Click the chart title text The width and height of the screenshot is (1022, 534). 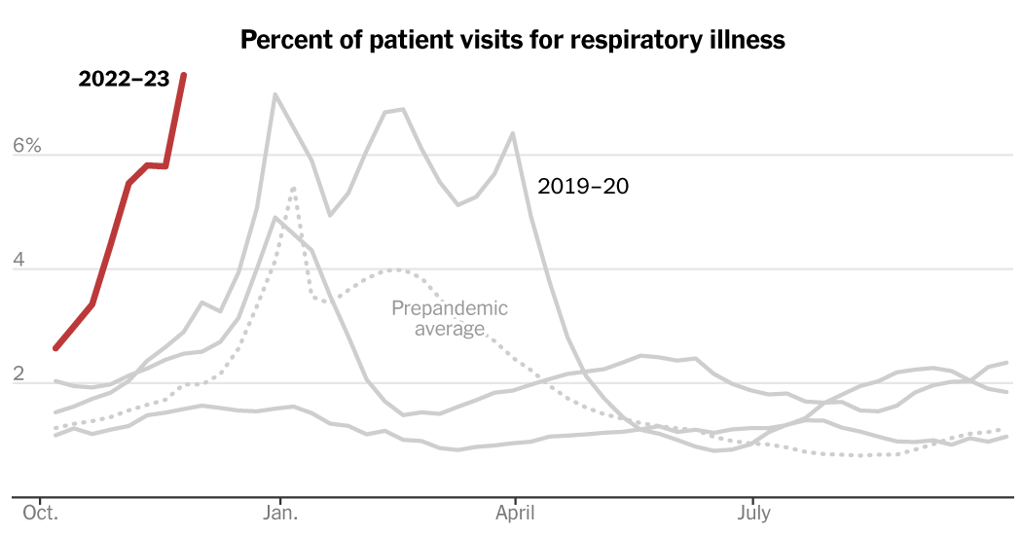(x=512, y=41)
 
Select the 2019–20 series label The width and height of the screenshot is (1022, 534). (x=583, y=186)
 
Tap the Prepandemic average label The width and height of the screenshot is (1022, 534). (x=450, y=318)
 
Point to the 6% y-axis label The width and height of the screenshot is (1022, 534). (x=26, y=146)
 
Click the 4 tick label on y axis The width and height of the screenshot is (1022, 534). (x=33, y=261)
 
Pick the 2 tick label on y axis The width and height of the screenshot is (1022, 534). (x=33, y=374)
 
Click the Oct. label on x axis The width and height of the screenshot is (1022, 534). (x=40, y=512)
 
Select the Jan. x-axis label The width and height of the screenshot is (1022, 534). (x=280, y=512)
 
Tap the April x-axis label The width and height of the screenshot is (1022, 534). (x=513, y=512)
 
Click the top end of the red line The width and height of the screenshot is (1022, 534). (x=184, y=75)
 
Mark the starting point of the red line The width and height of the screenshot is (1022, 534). (x=56, y=347)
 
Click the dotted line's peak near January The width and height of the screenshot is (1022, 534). (x=293, y=188)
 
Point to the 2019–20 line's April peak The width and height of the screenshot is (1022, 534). (x=513, y=133)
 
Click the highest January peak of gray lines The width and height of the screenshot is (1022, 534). (x=275, y=94)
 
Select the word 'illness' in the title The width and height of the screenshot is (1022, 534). (x=749, y=41)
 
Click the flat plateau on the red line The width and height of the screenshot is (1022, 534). (x=156, y=165)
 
